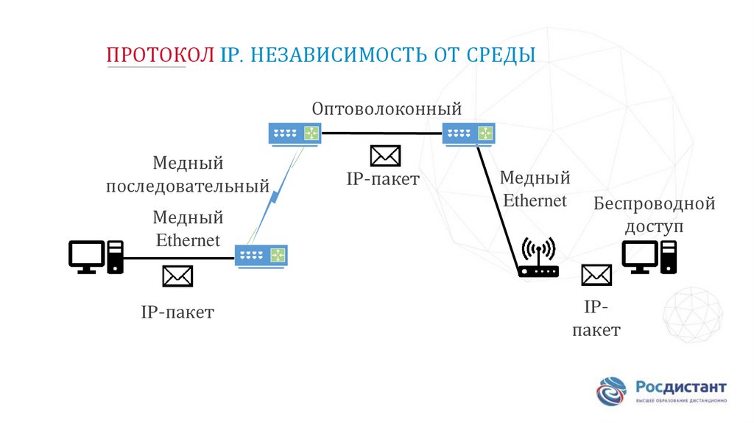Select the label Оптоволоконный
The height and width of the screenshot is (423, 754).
pos(387,109)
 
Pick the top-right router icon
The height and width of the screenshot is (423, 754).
pos(468,133)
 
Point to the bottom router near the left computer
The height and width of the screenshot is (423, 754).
pos(261,256)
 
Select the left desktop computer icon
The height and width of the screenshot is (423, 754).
pos(96,256)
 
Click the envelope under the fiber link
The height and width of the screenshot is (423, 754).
pos(385,155)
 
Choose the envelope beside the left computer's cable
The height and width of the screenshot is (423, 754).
pos(177,276)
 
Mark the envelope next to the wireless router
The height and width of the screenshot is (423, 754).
pos(596,276)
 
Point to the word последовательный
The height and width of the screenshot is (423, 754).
pos(188,186)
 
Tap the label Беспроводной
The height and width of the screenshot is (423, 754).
pos(655,203)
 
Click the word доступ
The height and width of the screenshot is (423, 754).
pos(655,226)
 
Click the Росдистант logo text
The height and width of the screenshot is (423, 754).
pos(680,386)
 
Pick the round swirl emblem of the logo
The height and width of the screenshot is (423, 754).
pos(612,390)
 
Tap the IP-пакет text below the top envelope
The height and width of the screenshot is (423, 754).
pos(383,178)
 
